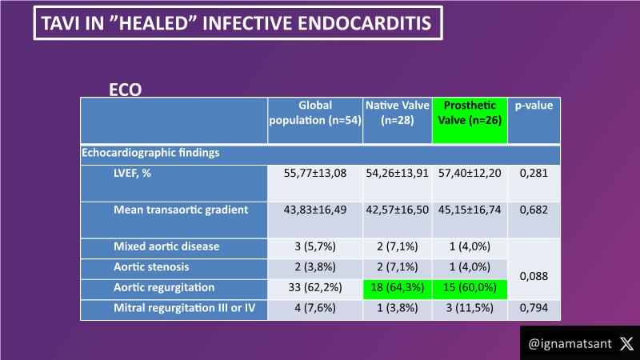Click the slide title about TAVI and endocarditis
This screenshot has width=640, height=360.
coord(237,23)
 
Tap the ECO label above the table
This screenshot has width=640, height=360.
coord(125,90)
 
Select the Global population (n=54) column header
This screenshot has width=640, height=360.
coord(315,113)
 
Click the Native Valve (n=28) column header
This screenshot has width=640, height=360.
coord(397,113)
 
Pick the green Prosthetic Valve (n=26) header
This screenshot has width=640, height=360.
coord(470,113)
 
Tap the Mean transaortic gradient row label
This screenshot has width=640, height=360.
coord(181,210)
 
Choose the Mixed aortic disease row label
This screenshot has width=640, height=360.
coord(166,246)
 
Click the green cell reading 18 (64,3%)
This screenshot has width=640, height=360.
coord(397,286)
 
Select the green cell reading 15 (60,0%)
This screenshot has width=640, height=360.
coord(470,286)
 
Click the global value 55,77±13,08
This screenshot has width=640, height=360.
coord(315,173)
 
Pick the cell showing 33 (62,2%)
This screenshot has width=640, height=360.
coord(315,286)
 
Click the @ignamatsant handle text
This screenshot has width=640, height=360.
coord(570,343)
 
